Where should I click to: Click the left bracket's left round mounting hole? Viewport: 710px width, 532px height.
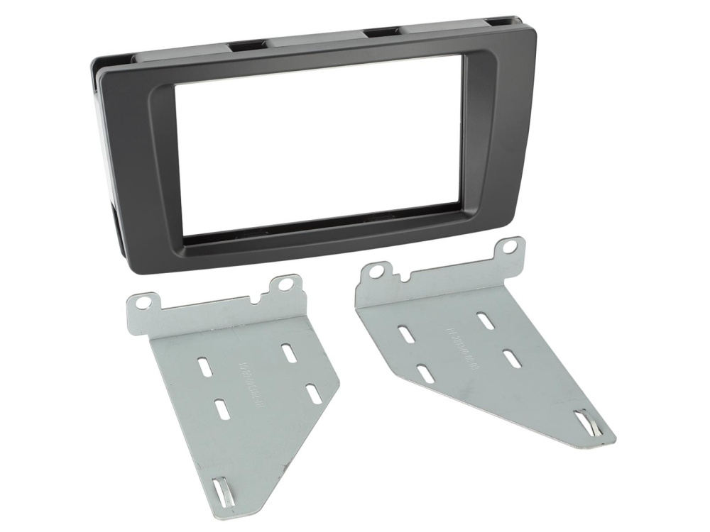pyautogui.click(x=143, y=302)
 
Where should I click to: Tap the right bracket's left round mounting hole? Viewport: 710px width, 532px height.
pyautogui.click(x=377, y=270)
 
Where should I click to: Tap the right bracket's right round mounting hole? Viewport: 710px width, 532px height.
pyautogui.click(x=510, y=247)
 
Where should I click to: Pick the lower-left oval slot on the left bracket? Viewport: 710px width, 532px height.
pyautogui.click(x=221, y=409)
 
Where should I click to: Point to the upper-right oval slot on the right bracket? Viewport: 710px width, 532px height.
pyautogui.click(x=486, y=320)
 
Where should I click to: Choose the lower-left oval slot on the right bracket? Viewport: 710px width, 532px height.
pyautogui.click(x=426, y=374)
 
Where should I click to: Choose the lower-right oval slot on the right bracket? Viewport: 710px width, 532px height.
pyautogui.click(x=512, y=358)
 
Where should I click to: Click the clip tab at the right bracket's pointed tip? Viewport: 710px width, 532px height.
pyautogui.click(x=588, y=425)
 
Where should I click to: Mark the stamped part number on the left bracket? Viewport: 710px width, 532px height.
pyautogui.click(x=249, y=382)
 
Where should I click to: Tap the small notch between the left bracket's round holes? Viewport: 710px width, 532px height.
pyautogui.click(x=262, y=294)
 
